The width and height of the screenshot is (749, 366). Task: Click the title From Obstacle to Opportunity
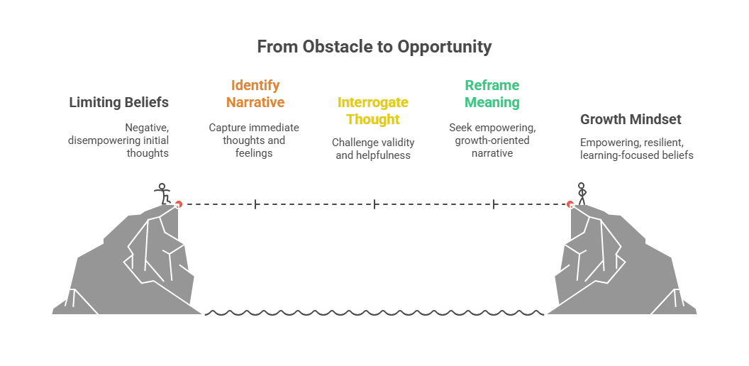pos(374,47)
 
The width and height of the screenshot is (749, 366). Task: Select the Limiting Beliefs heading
pos(118,102)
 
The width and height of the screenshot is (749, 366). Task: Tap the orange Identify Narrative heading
pos(255,94)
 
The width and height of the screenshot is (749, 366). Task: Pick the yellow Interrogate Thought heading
pos(373,111)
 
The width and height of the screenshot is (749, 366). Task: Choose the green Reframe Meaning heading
pos(492,94)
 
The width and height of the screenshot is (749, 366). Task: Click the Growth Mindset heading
pos(631,119)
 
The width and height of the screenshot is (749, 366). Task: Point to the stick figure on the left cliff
pos(163,194)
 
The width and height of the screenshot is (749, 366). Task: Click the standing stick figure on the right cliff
pos(582,194)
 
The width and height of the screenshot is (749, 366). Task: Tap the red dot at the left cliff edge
pos(179,204)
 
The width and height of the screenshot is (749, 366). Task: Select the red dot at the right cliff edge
pos(570,204)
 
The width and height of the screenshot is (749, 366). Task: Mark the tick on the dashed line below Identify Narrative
pos(255,204)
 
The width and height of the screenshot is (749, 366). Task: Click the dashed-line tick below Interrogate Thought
pos(374,204)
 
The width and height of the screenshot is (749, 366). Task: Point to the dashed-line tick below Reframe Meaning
pos(494,204)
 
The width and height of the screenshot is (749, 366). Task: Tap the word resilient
pos(662,142)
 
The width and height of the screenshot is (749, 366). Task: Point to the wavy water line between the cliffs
pos(374,312)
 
